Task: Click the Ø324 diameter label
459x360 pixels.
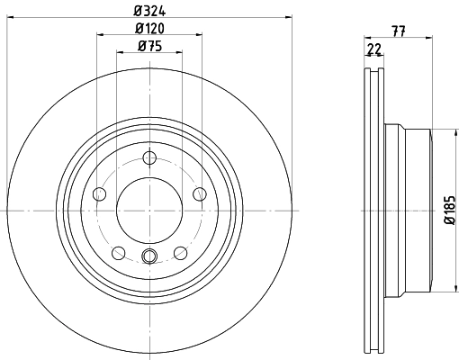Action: (149, 10)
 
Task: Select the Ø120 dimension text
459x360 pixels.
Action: (149, 29)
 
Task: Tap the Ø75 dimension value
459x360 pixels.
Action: (149, 46)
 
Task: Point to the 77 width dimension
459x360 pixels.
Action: (396, 30)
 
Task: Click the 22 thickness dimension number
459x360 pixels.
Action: (373, 48)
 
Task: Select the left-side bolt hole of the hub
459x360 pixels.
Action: (99, 193)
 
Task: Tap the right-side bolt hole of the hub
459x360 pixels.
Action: (200, 193)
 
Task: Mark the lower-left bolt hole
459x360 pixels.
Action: (118, 252)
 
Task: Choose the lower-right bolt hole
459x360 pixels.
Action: (181, 252)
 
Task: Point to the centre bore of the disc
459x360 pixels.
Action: (149, 210)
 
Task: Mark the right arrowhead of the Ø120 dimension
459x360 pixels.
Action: (199, 36)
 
